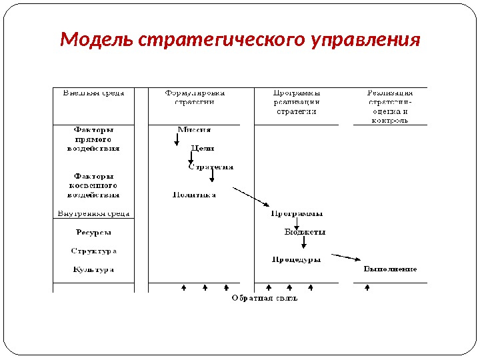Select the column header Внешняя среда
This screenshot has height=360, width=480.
point(93,93)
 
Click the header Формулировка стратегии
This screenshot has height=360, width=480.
point(195,97)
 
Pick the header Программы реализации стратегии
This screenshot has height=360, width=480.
point(297,102)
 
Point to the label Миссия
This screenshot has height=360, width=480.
point(194,129)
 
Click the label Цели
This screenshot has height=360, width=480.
point(203,148)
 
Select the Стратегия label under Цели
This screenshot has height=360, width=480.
point(211,167)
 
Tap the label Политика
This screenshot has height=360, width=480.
point(194,195)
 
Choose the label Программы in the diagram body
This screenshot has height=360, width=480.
point(297,213)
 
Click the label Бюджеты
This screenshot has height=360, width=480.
point(305,232)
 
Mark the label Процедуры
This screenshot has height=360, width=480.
point(296,259)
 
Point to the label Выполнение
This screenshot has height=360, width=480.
point(390,269)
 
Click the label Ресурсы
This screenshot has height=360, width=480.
point(93,233)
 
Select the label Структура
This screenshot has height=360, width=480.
point(93,251)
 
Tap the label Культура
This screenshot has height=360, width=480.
point(93,269)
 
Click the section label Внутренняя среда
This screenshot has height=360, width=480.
point(93,214)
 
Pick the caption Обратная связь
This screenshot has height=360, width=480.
point(264,298)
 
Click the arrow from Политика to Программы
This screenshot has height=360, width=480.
point(250,197)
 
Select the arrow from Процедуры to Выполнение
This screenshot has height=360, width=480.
point(345,257)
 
